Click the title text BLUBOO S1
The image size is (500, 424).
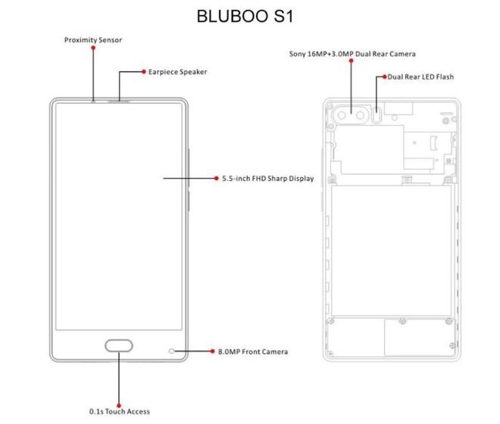[x=245, y=16]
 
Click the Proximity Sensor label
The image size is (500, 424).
[x=93, y=39]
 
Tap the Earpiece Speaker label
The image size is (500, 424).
[x=177, y=72]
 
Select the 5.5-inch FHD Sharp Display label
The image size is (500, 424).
[x=267, y=179]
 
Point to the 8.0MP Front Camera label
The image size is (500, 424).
[x=252, y=351]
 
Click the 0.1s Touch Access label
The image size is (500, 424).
[x=120, y=411]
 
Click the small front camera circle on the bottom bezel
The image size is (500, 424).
[x=172, y=351]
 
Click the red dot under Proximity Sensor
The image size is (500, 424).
[x=93, y=48]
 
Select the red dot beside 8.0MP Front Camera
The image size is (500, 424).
[x=211, y=351]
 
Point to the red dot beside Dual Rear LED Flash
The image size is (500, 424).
[x=384, y=76]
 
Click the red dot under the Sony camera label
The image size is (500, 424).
[x=352, y=64]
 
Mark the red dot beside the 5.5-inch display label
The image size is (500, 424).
[x=217, y=179]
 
